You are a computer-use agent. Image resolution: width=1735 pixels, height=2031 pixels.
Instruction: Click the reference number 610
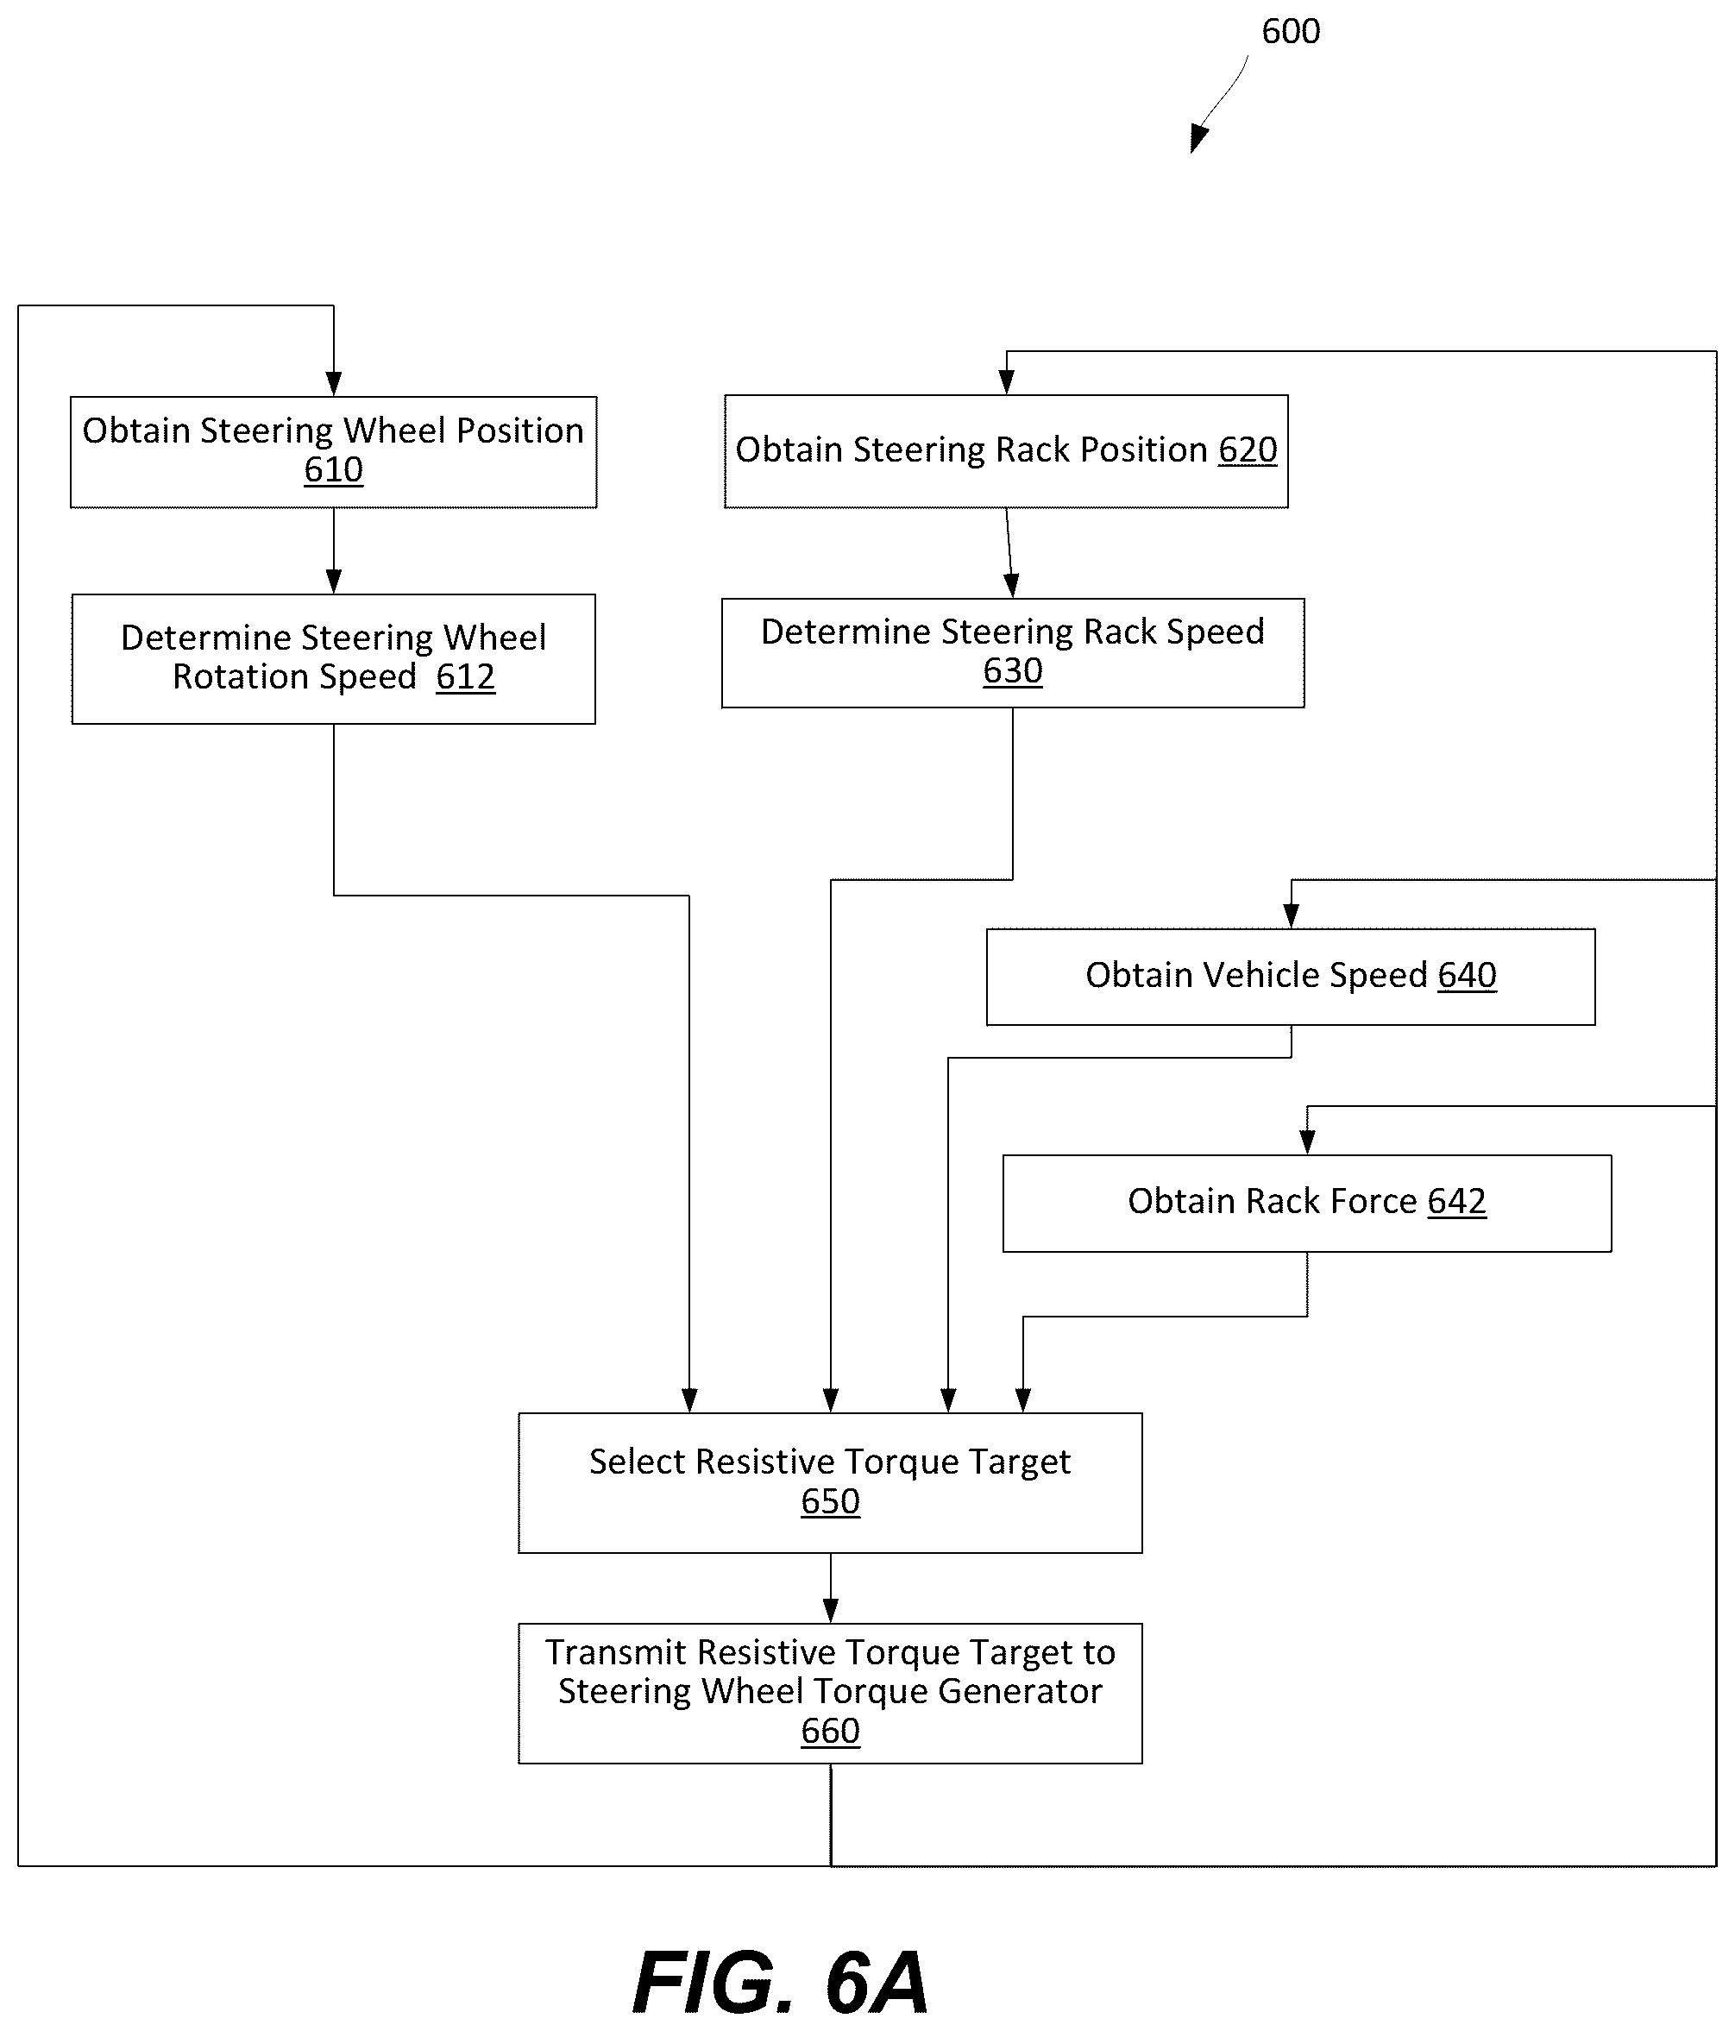coord(333,469)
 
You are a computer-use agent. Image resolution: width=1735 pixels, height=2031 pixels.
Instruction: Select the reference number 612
coord(466,676)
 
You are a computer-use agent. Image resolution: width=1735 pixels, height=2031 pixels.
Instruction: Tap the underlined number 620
coord(1248,450)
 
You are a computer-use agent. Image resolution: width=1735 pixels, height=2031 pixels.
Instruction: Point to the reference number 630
coord(1013,670)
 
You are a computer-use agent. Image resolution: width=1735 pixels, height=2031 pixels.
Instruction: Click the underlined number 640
coord(1468,975)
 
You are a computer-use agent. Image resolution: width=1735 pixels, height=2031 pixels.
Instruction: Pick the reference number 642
coord(1456,1202)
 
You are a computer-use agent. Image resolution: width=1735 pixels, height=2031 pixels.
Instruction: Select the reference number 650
coord(830,1500)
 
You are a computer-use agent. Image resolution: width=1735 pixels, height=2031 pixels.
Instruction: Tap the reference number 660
coord(830,1730)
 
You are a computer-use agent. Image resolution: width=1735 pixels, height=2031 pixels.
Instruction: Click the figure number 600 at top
coord(1291,31)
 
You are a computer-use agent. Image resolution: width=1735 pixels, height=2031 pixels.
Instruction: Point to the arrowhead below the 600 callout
coord(1199,139)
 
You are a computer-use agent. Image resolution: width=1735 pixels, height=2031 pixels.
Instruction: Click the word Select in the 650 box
coord(638,1462)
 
